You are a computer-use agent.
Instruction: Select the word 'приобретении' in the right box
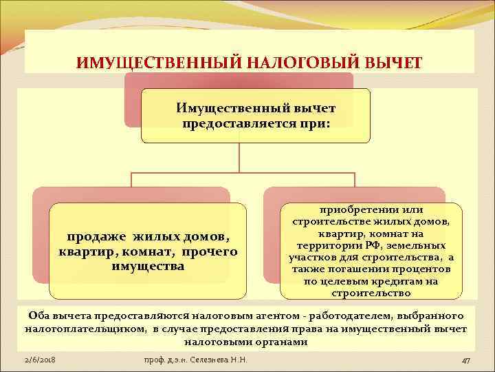(x=346, y=209)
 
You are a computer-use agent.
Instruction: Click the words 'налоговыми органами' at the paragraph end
(x=246, y=342)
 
